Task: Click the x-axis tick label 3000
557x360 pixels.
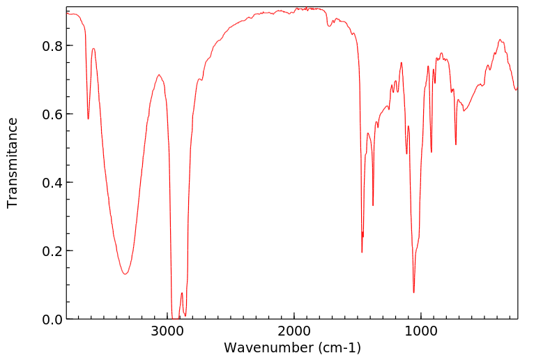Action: pyautogui.click(x=167, y=331)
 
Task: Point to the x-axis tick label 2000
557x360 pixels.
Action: pyautogui.click(x=293, y=331)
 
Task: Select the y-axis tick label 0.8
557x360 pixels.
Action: pyautogui.click(x=53, y=46)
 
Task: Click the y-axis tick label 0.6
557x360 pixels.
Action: pyautogui.click(x=53, y=114)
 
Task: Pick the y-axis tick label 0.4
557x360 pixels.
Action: pyautogui.click(x=53, y=183)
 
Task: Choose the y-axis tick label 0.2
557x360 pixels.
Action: pyautogui.click(x=53, y=251)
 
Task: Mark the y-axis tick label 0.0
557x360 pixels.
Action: pyautogui.click(x=53, y=320)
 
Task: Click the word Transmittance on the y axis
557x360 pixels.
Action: pyautogui.click(x=13, y=163)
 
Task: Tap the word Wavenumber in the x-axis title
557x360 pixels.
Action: pyautogui.click(x=267, y=347)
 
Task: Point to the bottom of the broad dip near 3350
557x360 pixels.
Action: pyautogui.click(x=125, y=274)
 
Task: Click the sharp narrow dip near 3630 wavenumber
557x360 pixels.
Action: pyautogui.click(x=88, y=119)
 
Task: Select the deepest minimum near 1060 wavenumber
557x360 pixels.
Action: pyautogui.click(x=413, y=292)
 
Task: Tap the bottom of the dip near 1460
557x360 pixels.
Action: pyautogui.click(x=362, y=252)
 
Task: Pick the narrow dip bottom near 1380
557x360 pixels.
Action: pyautogui.click(x=373, y=205)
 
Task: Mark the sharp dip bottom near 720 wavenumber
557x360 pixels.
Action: pyautogui.click(x=456, y=144)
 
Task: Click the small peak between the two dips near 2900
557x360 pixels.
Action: pyautogui.click(x=181, y=293)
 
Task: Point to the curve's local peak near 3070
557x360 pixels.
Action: pyautogui.click(x=159, y=75)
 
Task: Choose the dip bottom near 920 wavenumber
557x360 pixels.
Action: pyautogui.click(x=431, y=152)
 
